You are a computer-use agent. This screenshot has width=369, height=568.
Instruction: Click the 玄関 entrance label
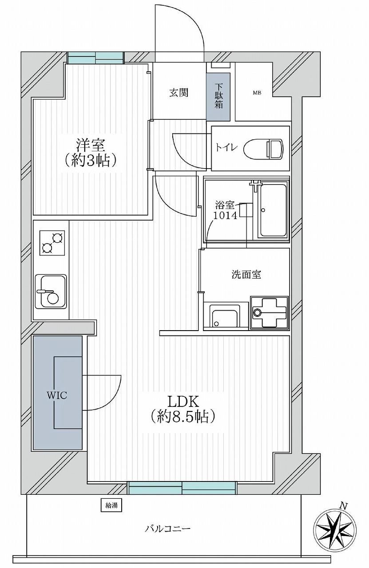tap(179, 93)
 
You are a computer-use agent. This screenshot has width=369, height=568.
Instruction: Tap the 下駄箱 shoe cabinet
tap(218, 97)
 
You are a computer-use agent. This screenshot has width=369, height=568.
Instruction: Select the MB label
tap(257, 93)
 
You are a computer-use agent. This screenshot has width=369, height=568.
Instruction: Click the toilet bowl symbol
tap(263, 148)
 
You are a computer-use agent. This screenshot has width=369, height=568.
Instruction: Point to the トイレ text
tap(226, 147)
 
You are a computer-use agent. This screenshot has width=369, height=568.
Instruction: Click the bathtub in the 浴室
tap(272, 211)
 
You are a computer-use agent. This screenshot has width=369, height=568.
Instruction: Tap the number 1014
tap(225, 215)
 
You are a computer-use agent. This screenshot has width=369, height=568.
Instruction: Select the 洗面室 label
tap(246, 275)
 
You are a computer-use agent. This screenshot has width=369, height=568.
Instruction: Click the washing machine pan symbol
tap(270, 313)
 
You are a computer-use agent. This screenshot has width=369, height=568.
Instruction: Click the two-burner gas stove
tap(52, 243)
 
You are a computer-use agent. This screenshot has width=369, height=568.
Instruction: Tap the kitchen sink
tap(51, 292)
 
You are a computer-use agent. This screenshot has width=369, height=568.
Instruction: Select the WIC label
tap(56, 395)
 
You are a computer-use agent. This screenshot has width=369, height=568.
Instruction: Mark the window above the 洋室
tap(96, 58)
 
